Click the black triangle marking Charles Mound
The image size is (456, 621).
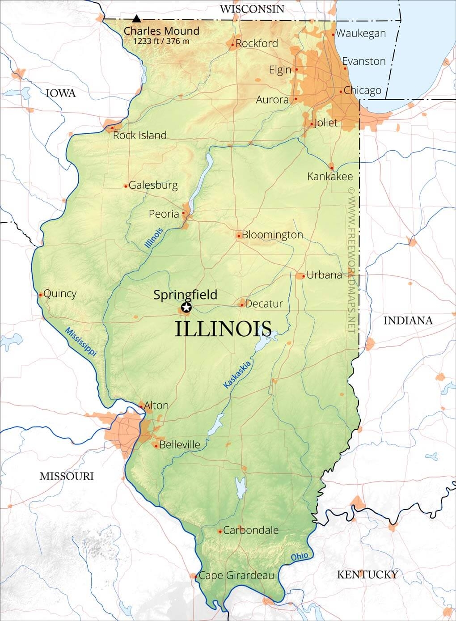coord(136,19)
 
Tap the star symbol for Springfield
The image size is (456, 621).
coord(186,307)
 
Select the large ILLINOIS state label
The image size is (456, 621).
coord(223,329)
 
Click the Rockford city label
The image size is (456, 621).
coord(257,43)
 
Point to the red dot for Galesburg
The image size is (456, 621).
coord(126,186)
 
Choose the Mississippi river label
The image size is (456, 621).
coord(81,342)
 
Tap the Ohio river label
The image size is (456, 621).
coord(300,557)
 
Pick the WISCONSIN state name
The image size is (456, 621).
coord(252,9)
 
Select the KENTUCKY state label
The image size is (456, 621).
coord(367,575)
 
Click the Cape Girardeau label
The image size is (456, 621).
coord(236,575)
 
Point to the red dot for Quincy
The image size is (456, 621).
coord(41,294)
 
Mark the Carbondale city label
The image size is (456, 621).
coord(250,530)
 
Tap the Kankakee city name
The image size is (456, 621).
coord(330,177)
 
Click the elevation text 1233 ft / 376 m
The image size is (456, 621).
coord(161,41)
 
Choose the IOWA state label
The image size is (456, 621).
coord(61,93)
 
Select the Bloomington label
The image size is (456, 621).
coord(272,235)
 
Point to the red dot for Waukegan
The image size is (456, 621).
coord(333,34)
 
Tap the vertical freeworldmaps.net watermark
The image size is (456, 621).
coord(351,259)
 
